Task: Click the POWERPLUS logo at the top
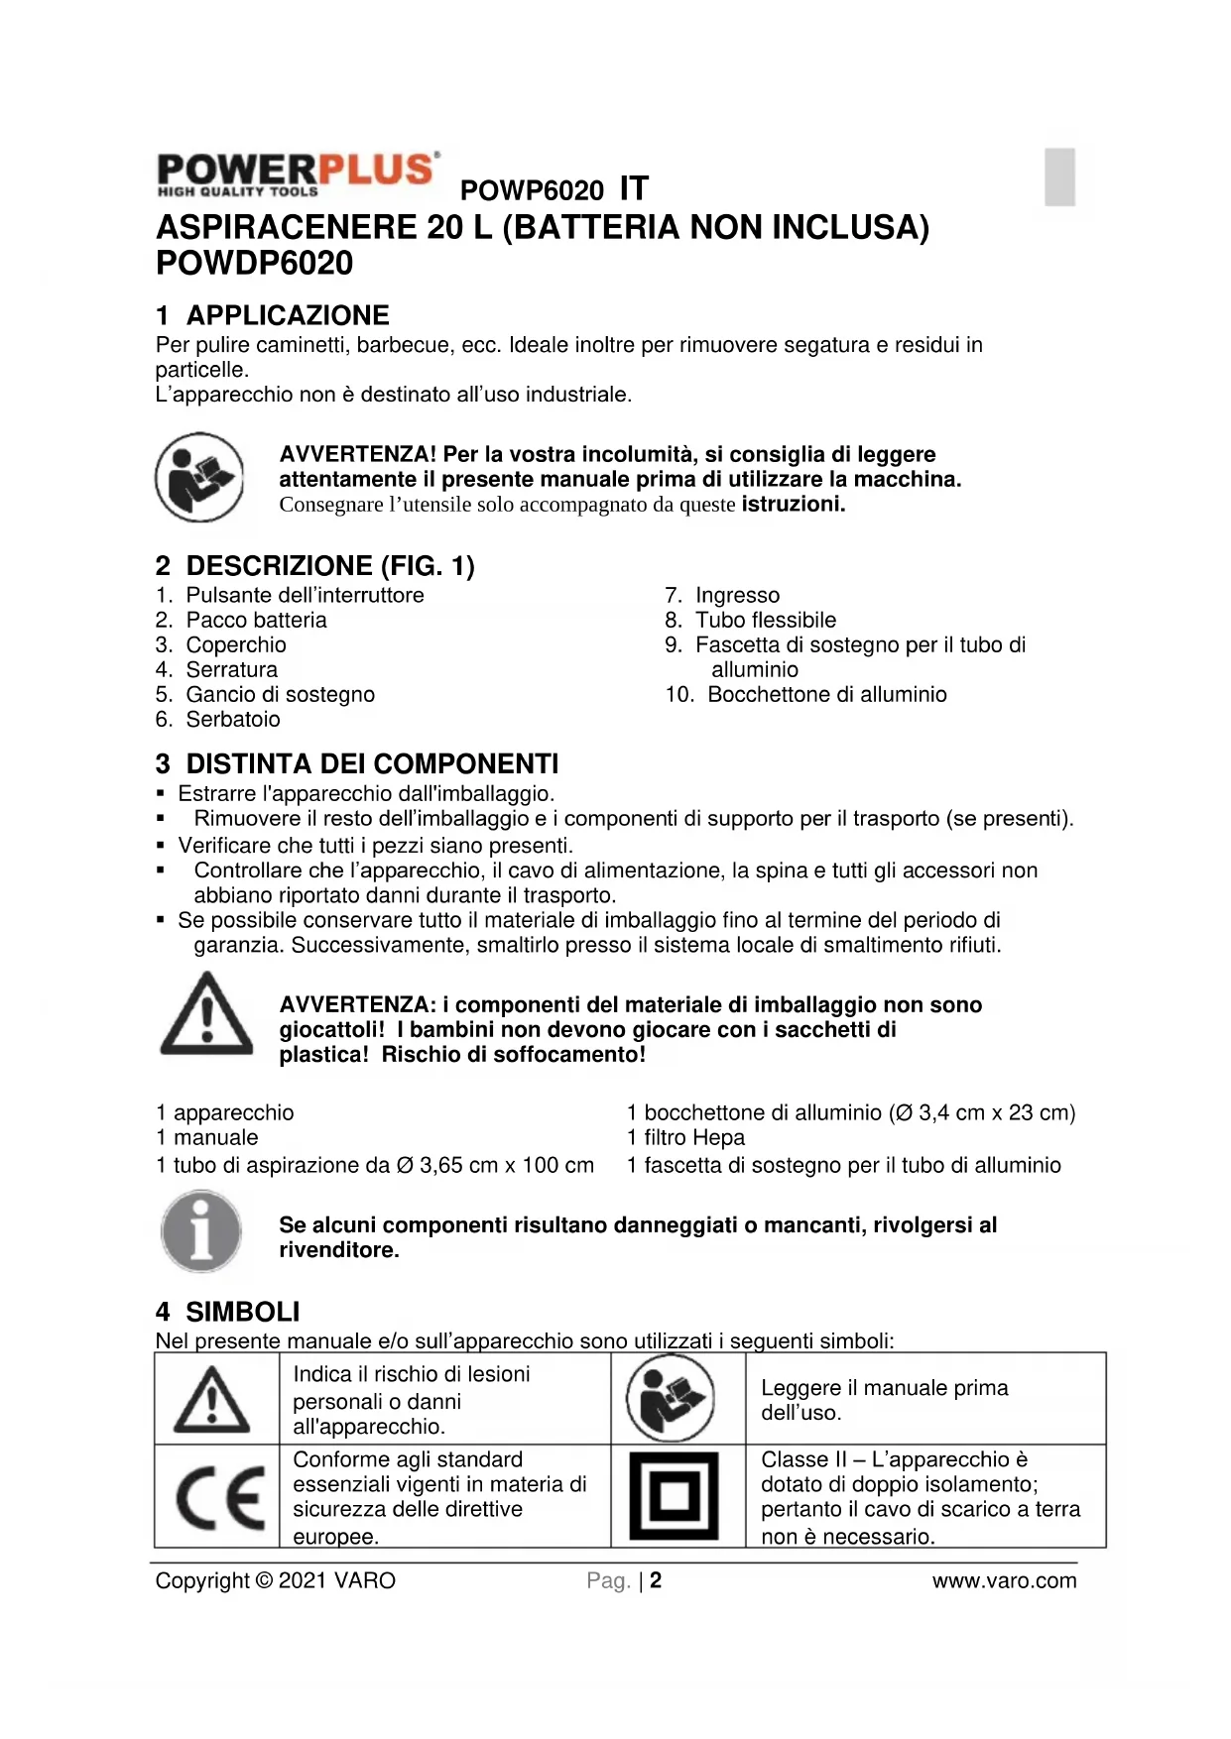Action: [x=297, y=174]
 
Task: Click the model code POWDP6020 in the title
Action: [x=254, y=264]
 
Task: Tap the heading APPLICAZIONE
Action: [x=288, y=315]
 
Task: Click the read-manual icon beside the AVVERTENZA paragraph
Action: [x=199, y=477]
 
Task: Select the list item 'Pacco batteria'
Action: [x=256, y=621]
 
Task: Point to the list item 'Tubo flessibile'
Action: [x=765, y=621]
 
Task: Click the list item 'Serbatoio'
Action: [x=233, y=720]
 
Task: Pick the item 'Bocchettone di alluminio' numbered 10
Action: [x=826, y=695]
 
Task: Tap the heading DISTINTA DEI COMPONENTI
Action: [x=372, y=764]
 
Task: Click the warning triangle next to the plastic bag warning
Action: [x=206, y=1014]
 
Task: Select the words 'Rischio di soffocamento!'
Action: [x=513, y=1055]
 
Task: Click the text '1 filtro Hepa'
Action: [x=685, y=1138]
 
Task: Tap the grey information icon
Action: [x=201, y=1231]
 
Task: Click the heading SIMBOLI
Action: [x=242, y=1313]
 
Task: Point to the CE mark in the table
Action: [x=219, y=1497]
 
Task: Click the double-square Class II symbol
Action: [x=675, y=1496]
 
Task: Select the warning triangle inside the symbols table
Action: [x=211, y=1400]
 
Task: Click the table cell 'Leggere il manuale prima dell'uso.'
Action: [x=884, y=1400]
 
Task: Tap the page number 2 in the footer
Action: [x=656, y=1580]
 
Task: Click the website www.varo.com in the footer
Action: [x=1004, y=1581]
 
